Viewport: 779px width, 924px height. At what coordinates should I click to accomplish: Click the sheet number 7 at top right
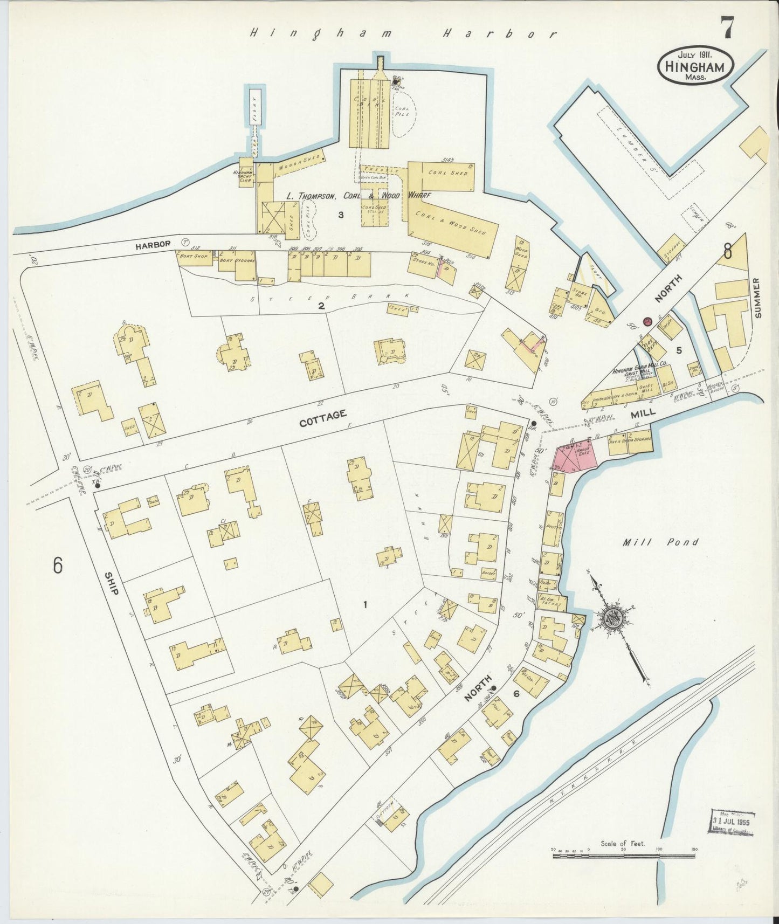[727, 28]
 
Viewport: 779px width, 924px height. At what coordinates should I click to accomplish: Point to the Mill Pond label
[660, 542]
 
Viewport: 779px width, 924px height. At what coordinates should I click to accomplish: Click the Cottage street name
[322, 418]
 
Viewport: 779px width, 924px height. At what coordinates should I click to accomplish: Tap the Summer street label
[758, 298]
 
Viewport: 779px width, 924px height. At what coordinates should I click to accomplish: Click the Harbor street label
[153, 244]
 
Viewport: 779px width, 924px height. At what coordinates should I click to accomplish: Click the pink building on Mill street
[576, 459]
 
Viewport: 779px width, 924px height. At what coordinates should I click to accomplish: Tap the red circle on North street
[647, 322]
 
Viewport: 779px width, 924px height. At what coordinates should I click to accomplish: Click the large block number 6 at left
[58, 566]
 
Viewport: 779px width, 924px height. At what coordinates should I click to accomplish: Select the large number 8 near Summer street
[728, 251]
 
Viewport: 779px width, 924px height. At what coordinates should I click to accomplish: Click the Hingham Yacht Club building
[246, 171]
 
